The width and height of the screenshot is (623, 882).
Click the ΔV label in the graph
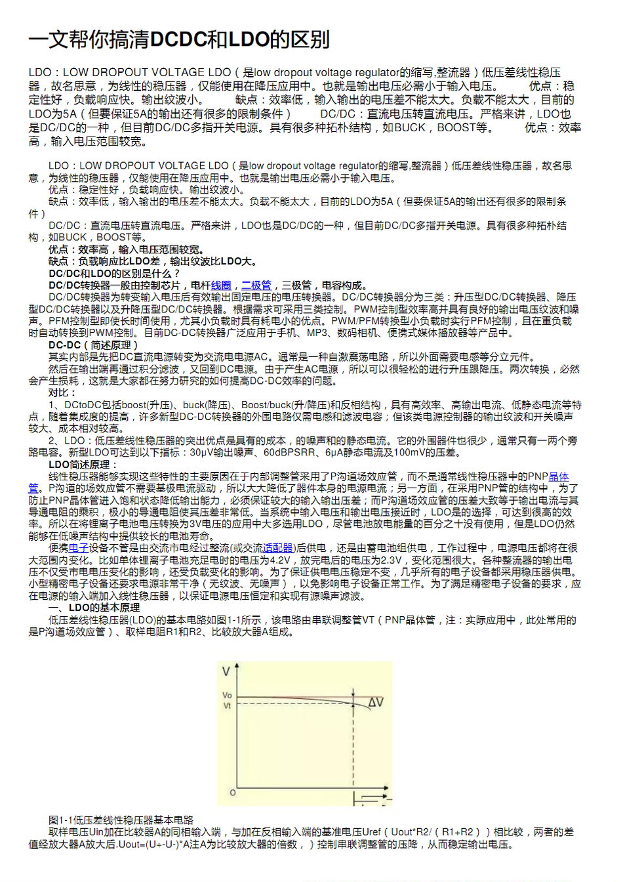[376, 702]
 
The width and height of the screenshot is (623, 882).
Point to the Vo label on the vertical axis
[227, 695]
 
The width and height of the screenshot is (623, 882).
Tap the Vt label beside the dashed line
[227, 706]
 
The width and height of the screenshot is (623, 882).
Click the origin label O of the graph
[233, 793]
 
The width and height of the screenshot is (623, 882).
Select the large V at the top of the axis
[226, 671]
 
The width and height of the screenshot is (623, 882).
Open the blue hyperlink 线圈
[221, 285]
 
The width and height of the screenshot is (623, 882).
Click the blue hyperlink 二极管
[256, 285]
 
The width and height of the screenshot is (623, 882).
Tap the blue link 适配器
[278, 548]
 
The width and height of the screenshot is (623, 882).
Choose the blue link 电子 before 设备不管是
[79, 548]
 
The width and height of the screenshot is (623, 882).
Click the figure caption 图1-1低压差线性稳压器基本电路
[121, 820]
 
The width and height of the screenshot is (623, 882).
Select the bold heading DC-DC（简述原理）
[93, 345]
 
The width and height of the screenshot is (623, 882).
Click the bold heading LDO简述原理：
[83, 465]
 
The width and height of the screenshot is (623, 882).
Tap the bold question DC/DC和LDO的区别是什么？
[114, 274]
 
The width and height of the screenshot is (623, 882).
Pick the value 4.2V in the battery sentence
[279, 560]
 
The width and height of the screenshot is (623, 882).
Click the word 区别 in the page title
[310, 40]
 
